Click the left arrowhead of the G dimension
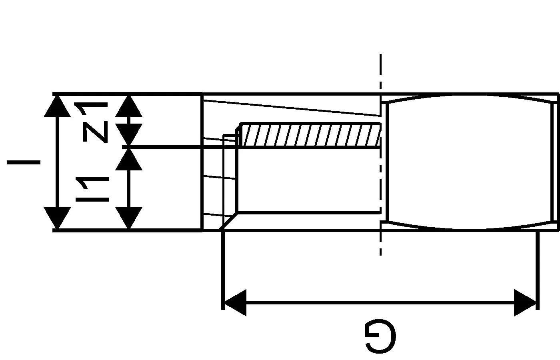click(x=235, y=303)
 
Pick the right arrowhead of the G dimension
click(x=525, y=303)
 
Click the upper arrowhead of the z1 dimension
click(x=129, y=106)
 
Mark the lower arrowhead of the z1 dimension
click(x=129, y=135)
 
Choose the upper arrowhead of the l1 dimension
click(x=129, y=159)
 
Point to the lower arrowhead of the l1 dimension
click(x=129, y=218)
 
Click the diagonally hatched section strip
click(x=310, y=136)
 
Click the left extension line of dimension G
click(x=223, y=268)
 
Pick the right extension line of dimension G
click(x=537, y=268)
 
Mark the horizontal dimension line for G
click(x=380, y=303)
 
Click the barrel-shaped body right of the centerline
click(x=468, y=162)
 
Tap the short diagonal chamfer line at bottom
click(x=229, y=221)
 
